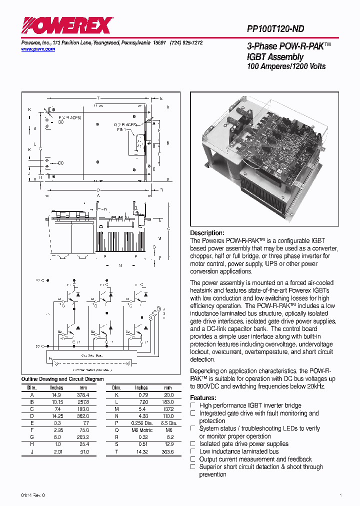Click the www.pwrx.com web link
38,49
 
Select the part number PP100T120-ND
275,29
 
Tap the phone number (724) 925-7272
186,43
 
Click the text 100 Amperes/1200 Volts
286,66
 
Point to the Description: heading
207,233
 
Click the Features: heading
203,398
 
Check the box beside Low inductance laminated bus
193,451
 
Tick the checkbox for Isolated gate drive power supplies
193,444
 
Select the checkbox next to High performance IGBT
193,405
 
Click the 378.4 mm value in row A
83,395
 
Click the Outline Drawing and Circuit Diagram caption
62,379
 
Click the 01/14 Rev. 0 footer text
33,495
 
